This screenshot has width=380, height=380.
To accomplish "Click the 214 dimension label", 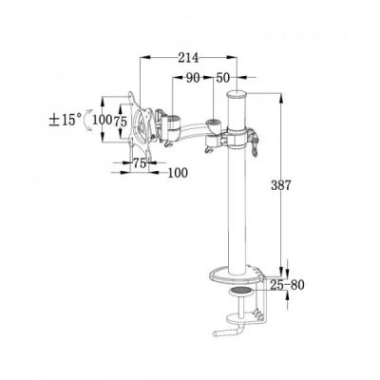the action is (188, 58).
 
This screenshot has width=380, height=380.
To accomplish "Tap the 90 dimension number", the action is (193, 78).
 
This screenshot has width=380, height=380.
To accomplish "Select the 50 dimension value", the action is (222, 78).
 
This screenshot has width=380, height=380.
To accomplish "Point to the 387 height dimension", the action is (280, 185).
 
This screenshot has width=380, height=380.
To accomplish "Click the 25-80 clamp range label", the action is (288, 285).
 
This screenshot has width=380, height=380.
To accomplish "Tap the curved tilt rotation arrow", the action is (87, 121).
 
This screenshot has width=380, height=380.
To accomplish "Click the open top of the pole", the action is (236, 94).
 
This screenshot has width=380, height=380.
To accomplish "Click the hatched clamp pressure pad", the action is (240, 290).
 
